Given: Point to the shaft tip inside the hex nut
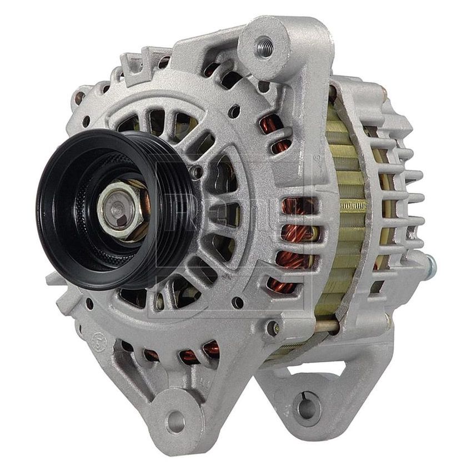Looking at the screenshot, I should pos(117,209).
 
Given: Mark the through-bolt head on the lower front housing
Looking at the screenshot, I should pos(272,328).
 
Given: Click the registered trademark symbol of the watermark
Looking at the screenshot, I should pos(317,158).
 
